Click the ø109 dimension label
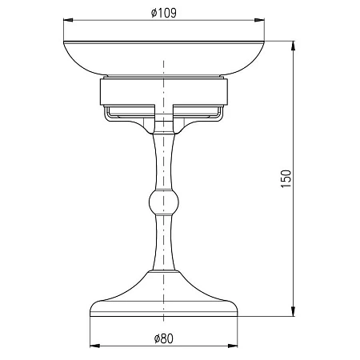[x=164, y=13]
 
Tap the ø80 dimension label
[x=164, y=338]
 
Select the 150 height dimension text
[x=286, y=178]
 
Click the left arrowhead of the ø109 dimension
[x=68, y=20]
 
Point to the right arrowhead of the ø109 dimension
[x=259, y=20]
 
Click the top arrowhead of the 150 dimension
[x=293, y=46]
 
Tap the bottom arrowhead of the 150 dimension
[x=293, y=311]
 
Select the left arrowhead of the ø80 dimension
[x=95, y=346]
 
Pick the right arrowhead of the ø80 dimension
[x=233, y=346]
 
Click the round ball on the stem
[x=164, y=202]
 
